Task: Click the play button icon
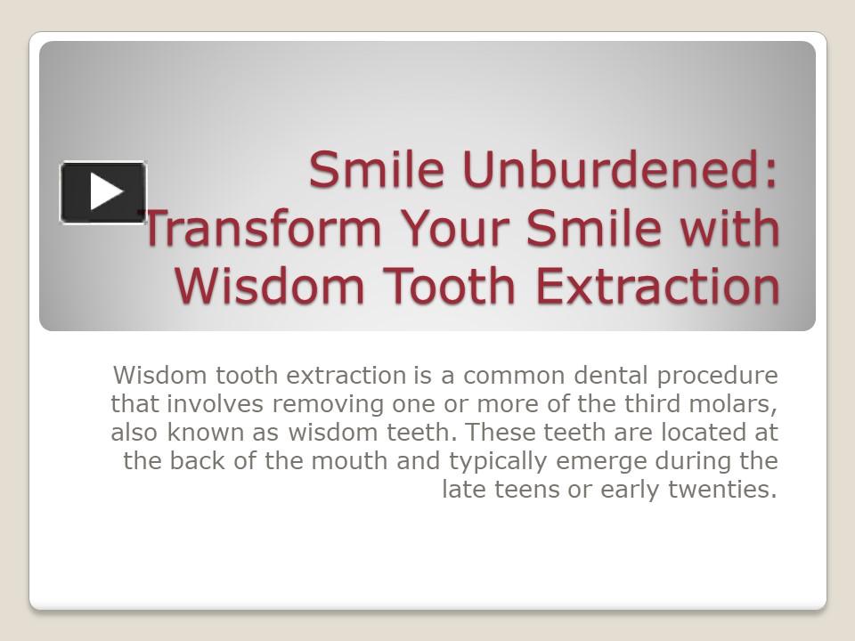[x=103, y=191]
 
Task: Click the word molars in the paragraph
[x=738, y=404]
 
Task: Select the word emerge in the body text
[x=601, y=461]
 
